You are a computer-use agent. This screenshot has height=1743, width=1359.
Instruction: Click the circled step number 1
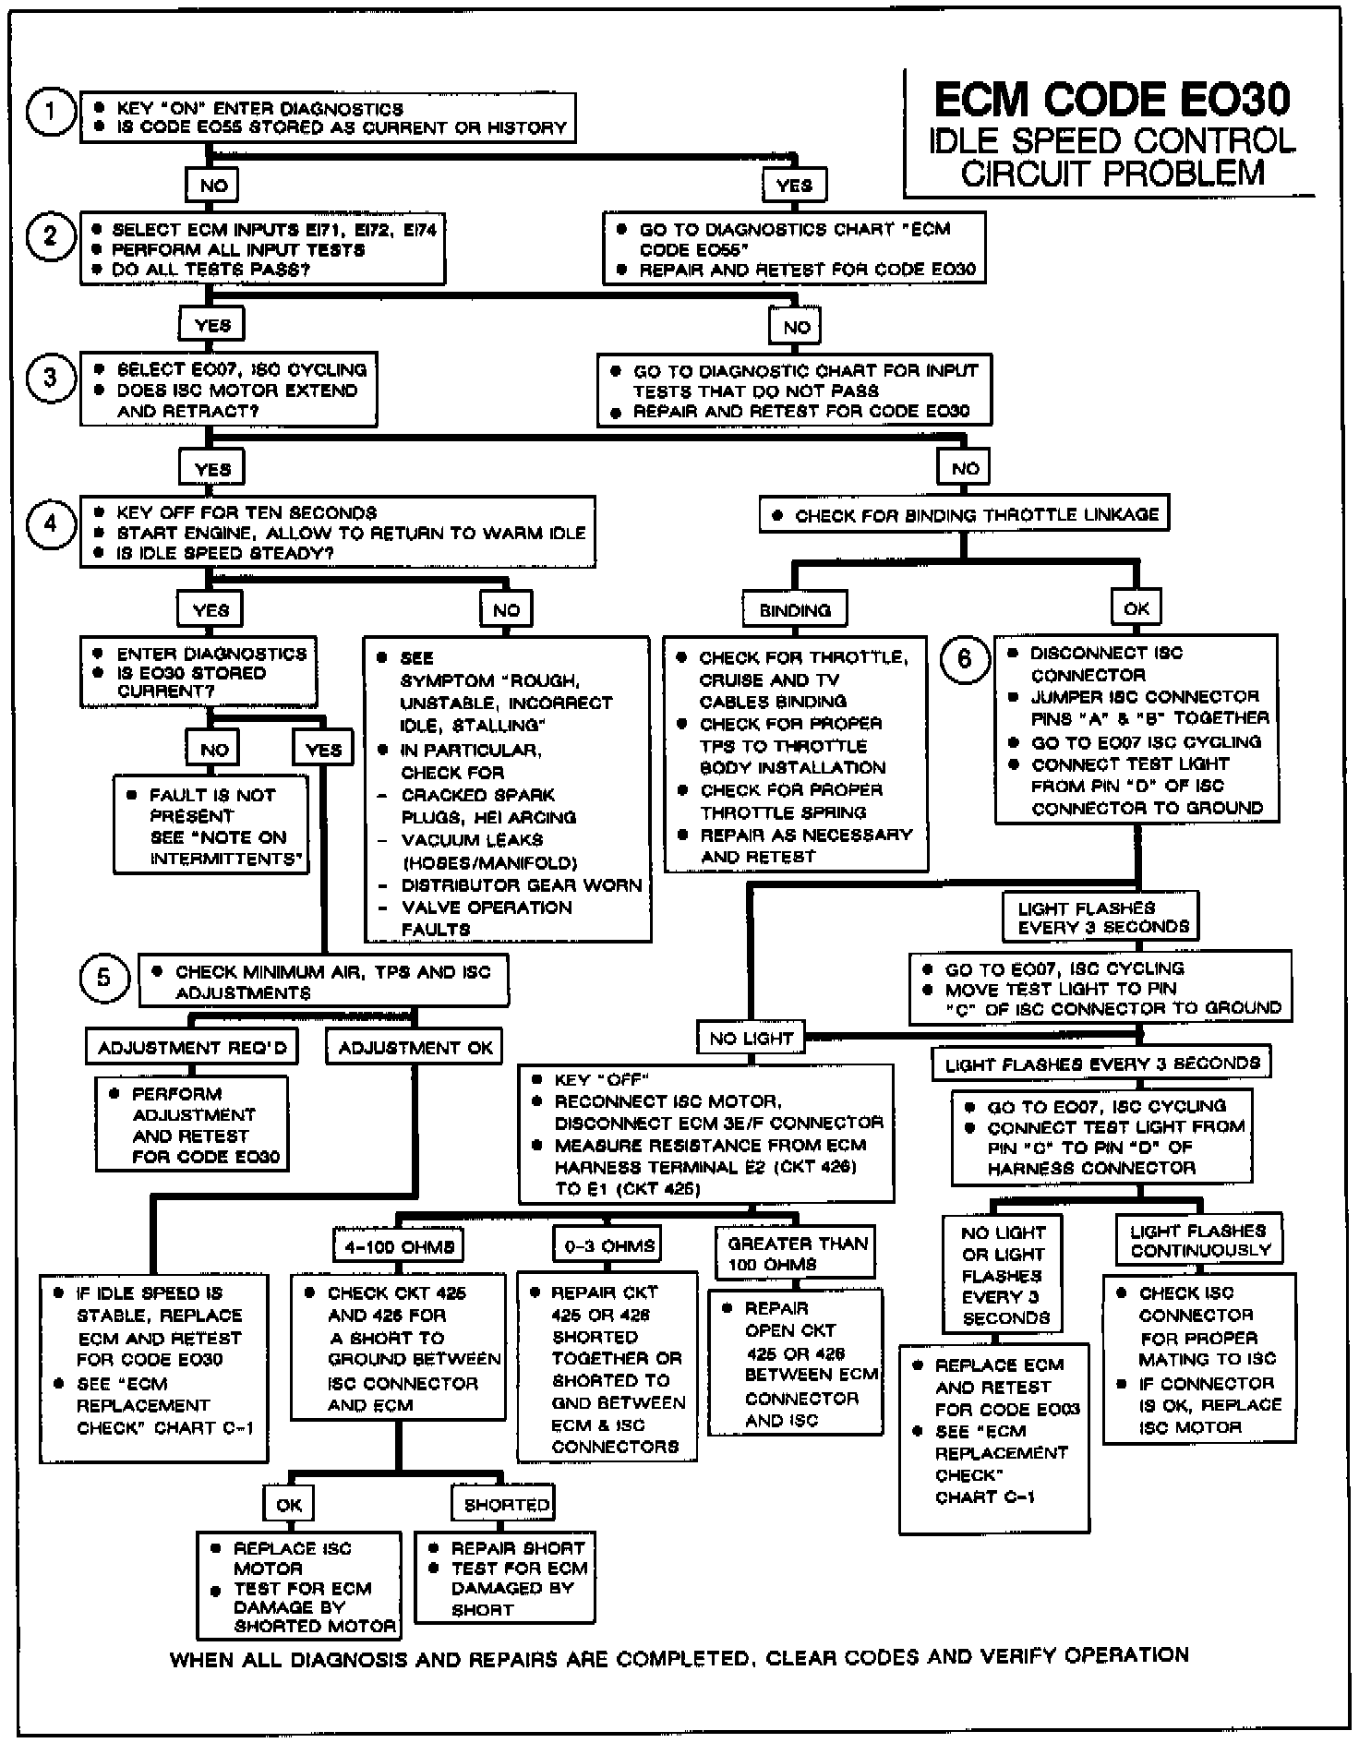[x=50, y=113]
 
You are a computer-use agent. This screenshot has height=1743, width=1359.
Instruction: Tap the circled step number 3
[x=50, y=379]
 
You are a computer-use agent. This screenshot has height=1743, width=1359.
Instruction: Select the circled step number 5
[x=103, y=978]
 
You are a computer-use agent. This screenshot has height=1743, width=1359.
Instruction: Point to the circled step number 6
[x=965, y=659]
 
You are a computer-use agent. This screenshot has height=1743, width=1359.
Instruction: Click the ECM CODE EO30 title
[x=1112, y=99]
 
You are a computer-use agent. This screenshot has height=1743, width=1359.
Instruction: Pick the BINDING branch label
[x=795, y=610]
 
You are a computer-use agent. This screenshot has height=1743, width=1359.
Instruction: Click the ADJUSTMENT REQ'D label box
[x=192, y=1048]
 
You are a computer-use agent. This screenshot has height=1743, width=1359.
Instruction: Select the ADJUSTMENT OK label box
[x=415, y=1048]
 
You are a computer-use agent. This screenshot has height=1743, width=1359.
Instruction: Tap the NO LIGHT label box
[x=751, y=1038]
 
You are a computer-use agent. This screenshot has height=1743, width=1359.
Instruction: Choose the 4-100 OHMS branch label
[x=399, y=1247]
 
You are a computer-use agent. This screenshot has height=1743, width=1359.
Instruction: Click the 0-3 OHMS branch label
[x=609, y=1246]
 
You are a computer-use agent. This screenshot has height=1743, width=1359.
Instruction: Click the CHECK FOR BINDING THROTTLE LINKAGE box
[x=965, y=515]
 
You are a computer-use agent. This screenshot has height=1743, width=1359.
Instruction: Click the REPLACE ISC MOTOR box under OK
[x=299, y=1585]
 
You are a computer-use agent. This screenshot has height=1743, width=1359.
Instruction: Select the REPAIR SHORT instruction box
[x=505, y=1578]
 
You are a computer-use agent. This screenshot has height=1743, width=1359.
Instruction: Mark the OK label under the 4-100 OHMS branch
[x=289, y=1505]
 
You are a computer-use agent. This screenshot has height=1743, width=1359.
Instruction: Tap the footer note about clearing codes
[x=679, y=1657]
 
